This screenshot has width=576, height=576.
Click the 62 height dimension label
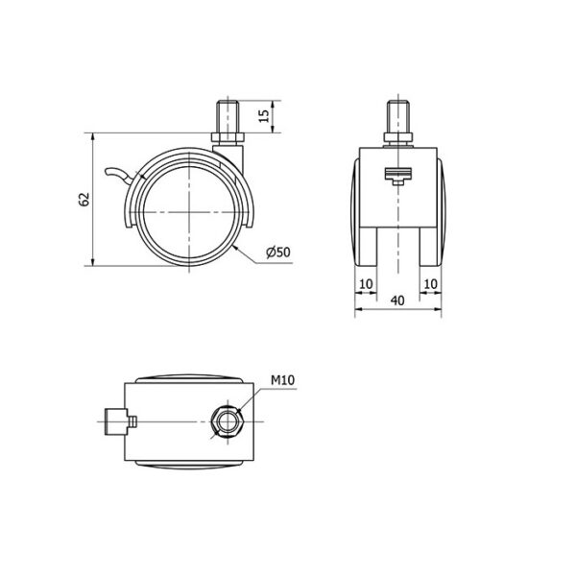pos(84,200)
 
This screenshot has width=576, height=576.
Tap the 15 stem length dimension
pos(264,116)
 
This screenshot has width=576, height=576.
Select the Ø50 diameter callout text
pos(278,252)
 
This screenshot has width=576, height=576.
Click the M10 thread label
pos(283,380)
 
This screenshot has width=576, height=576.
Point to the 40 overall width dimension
pos(397,300)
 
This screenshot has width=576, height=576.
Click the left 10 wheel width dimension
pos(366,283)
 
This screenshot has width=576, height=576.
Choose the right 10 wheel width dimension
pos(430,283)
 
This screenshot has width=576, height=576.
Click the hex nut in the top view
pos(226,421)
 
